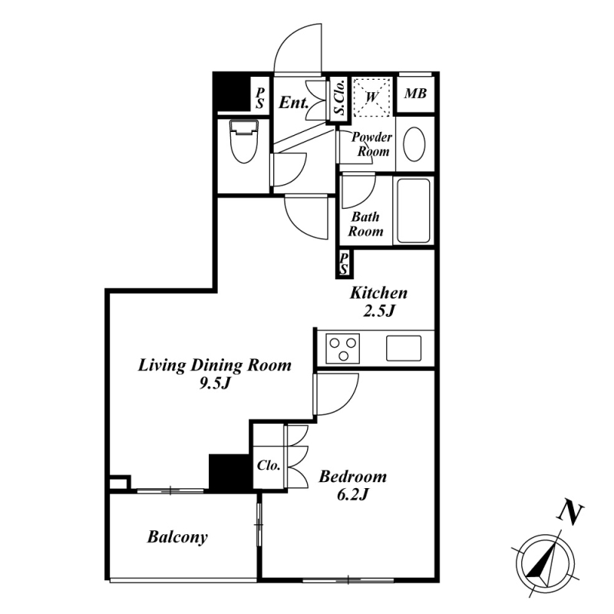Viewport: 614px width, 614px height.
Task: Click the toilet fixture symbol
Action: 244,141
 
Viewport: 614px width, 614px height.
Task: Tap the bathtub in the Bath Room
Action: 414,210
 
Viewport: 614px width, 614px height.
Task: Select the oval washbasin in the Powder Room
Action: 414,144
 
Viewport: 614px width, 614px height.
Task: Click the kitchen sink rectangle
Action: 404,348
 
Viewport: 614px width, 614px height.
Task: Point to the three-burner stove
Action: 343,348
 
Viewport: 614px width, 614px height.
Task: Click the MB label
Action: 415,94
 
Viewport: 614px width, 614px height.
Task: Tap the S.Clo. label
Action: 340,97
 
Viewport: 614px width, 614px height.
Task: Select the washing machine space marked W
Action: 371,97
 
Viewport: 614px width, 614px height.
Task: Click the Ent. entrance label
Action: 294,103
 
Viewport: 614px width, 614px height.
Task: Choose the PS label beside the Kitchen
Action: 344,263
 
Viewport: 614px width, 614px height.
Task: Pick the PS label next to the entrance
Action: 260,98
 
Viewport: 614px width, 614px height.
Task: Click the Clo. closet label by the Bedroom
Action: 269,465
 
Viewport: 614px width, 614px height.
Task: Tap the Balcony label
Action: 177,536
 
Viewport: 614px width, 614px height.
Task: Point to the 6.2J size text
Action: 352,495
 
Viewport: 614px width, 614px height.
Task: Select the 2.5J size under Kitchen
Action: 378,312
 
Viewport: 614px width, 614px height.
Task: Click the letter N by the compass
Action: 570,513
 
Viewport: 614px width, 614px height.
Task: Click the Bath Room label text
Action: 365,223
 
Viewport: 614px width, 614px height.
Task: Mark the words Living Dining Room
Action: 215,365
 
